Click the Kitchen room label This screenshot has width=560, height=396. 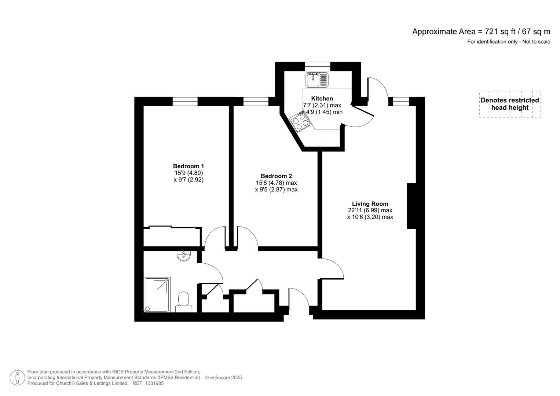coord(322,98)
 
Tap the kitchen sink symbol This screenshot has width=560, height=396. coord(317,80)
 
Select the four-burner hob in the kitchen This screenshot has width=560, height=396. coord(300,122)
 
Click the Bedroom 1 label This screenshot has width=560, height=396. coord(189,166)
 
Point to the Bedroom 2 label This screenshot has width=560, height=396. coord(276,176)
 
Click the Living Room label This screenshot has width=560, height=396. coord(370,204)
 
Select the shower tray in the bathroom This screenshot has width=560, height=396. coord(157,295)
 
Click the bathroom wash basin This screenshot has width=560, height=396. coord(183,256)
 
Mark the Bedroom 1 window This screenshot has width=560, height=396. coord(185,101)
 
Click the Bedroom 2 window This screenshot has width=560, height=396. coord(256,101)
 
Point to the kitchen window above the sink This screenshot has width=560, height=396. coord(318,66)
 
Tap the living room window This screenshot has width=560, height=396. coord(401,101)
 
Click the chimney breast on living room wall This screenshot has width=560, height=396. coord(411,206)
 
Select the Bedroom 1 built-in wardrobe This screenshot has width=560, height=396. coord(172,237)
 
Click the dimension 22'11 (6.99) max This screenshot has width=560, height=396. coord(370,210)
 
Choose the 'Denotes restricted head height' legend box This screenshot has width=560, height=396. coord(510,104)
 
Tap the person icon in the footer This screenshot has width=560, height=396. coord(17,378)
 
